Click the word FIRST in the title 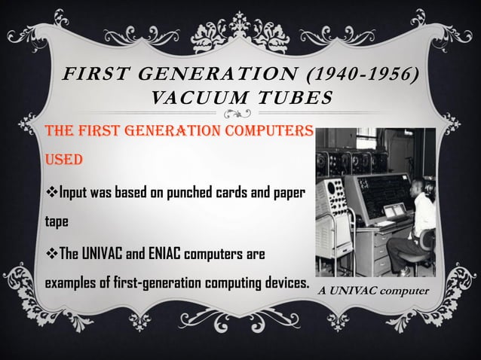tap(92, 76)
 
